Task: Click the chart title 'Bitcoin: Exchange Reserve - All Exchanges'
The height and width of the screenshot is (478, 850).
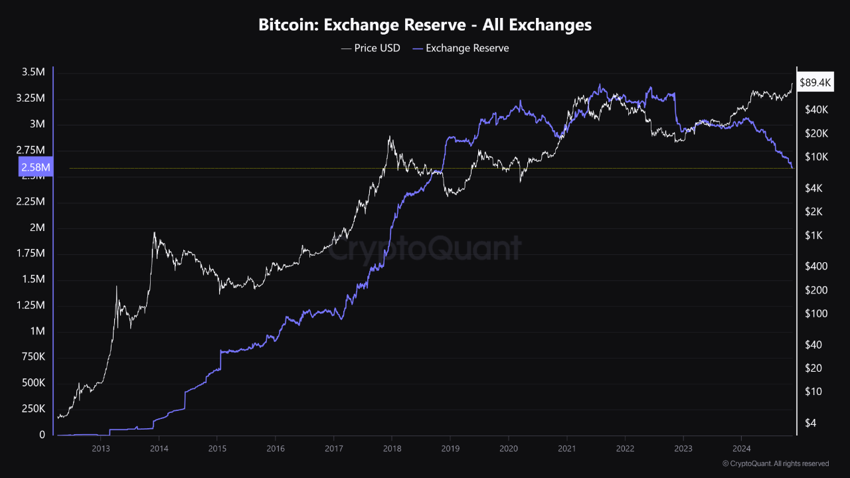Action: point(425,25)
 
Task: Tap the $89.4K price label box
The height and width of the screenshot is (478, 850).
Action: point(815,83)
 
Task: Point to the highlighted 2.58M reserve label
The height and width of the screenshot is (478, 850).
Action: point(36,167)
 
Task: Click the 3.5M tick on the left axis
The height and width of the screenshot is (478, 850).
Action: point(34,72)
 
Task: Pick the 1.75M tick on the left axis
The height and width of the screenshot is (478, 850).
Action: point(31,254)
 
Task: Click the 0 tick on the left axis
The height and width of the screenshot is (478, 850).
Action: point(42,435)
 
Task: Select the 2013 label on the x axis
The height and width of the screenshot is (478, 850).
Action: point(100,449)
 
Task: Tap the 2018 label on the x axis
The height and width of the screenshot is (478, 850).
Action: point(392,449)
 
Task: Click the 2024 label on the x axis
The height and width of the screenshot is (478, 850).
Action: point(742,449)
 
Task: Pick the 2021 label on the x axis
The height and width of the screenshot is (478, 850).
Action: point(566,449)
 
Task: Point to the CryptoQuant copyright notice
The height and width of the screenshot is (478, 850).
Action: point(775,463)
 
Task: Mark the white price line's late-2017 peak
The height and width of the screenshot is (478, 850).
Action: point(389,137)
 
